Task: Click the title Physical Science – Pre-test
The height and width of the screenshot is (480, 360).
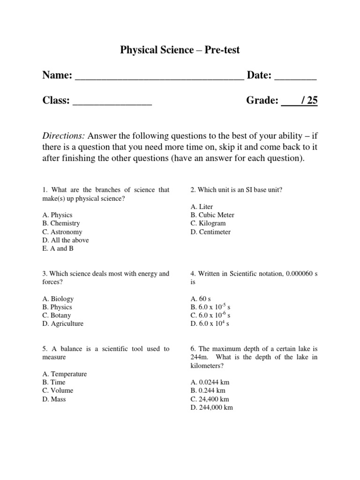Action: [x=180, y=50]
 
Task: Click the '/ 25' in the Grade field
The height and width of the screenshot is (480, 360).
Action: [x=309, y=100]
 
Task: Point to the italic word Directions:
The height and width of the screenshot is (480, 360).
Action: [x=64, y=136]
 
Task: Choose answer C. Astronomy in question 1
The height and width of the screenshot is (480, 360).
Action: [x=62, y=232]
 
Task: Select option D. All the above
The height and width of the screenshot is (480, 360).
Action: [x=65, y=240]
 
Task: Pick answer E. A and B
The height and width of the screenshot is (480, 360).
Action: [x=58, y=248]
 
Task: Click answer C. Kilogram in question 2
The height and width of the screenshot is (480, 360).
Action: [x=208, y=223]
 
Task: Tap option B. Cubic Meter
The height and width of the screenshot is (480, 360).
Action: [x=212, y=215]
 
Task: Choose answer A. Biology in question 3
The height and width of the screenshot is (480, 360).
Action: [x=58, y=299]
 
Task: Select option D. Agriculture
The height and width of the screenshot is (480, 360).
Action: [x=63, y=323]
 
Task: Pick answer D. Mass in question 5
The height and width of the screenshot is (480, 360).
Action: [x=54, y=399]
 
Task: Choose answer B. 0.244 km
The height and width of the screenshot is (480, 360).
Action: [x=208, y=390]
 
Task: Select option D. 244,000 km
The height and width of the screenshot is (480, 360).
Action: [x=211, y=407]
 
